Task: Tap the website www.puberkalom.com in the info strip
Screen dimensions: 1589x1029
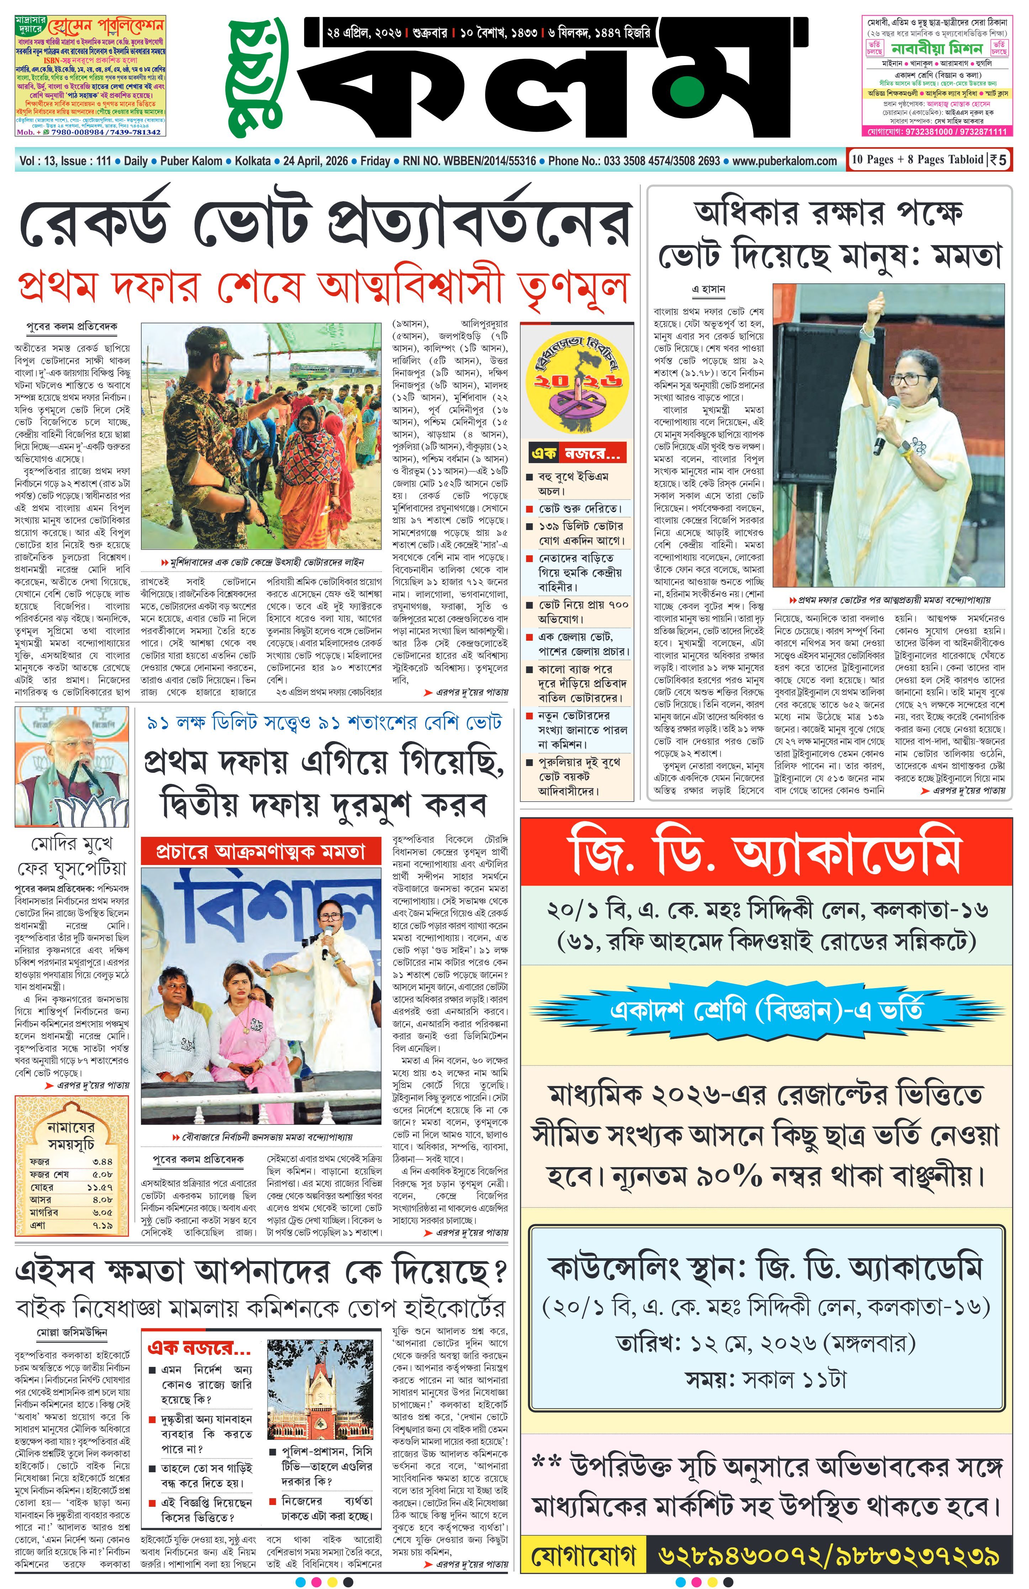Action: click(x=785, y=161)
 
